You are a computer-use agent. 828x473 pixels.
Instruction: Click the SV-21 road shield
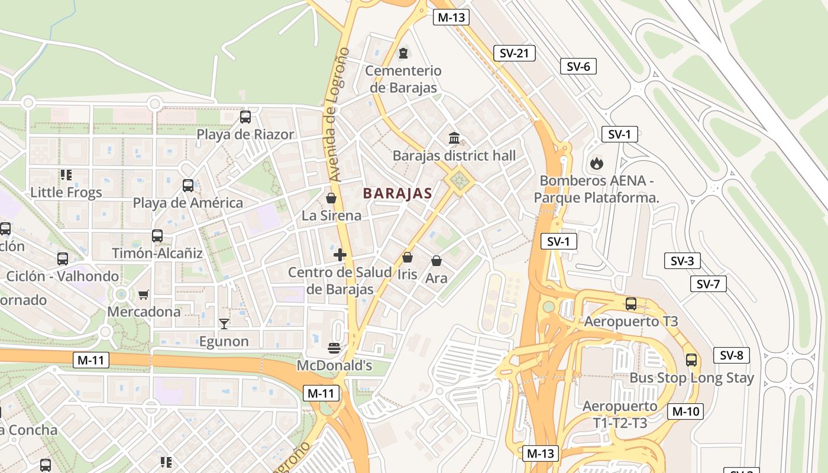coord(514,53)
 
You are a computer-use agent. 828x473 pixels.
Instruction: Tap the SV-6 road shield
coord(578,66)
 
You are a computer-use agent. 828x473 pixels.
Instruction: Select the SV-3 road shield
coord(682,261)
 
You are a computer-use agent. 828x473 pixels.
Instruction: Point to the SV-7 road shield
coord(708,284)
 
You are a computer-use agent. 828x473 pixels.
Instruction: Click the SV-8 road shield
coord(732,355)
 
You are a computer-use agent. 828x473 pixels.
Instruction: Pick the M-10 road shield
coord(685,412)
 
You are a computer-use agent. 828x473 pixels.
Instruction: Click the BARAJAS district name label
coord(397,193)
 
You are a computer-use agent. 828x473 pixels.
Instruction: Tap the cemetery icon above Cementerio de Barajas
coord(403,53)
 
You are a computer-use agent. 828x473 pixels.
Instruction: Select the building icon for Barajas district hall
coord(454,138)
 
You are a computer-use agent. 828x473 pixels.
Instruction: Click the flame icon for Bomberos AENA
coord(596,163)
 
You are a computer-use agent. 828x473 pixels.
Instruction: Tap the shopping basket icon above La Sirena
coord(331,198)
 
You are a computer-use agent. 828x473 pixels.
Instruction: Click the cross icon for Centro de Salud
coord(340,255)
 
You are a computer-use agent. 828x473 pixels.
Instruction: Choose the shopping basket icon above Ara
coord(436,261)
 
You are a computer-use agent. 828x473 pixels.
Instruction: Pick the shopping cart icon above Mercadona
coord(144,294)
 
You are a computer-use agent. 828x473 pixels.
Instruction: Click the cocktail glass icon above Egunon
coord(224,323)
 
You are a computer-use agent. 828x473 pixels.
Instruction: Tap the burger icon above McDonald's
coord(334,348)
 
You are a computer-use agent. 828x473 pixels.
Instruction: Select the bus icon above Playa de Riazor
coord(245,117)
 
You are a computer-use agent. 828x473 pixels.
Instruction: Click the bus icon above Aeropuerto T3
coord(631,304)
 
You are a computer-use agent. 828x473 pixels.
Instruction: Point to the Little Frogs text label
coord(66,192)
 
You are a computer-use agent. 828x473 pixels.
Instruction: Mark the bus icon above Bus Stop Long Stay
coord(691,359)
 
